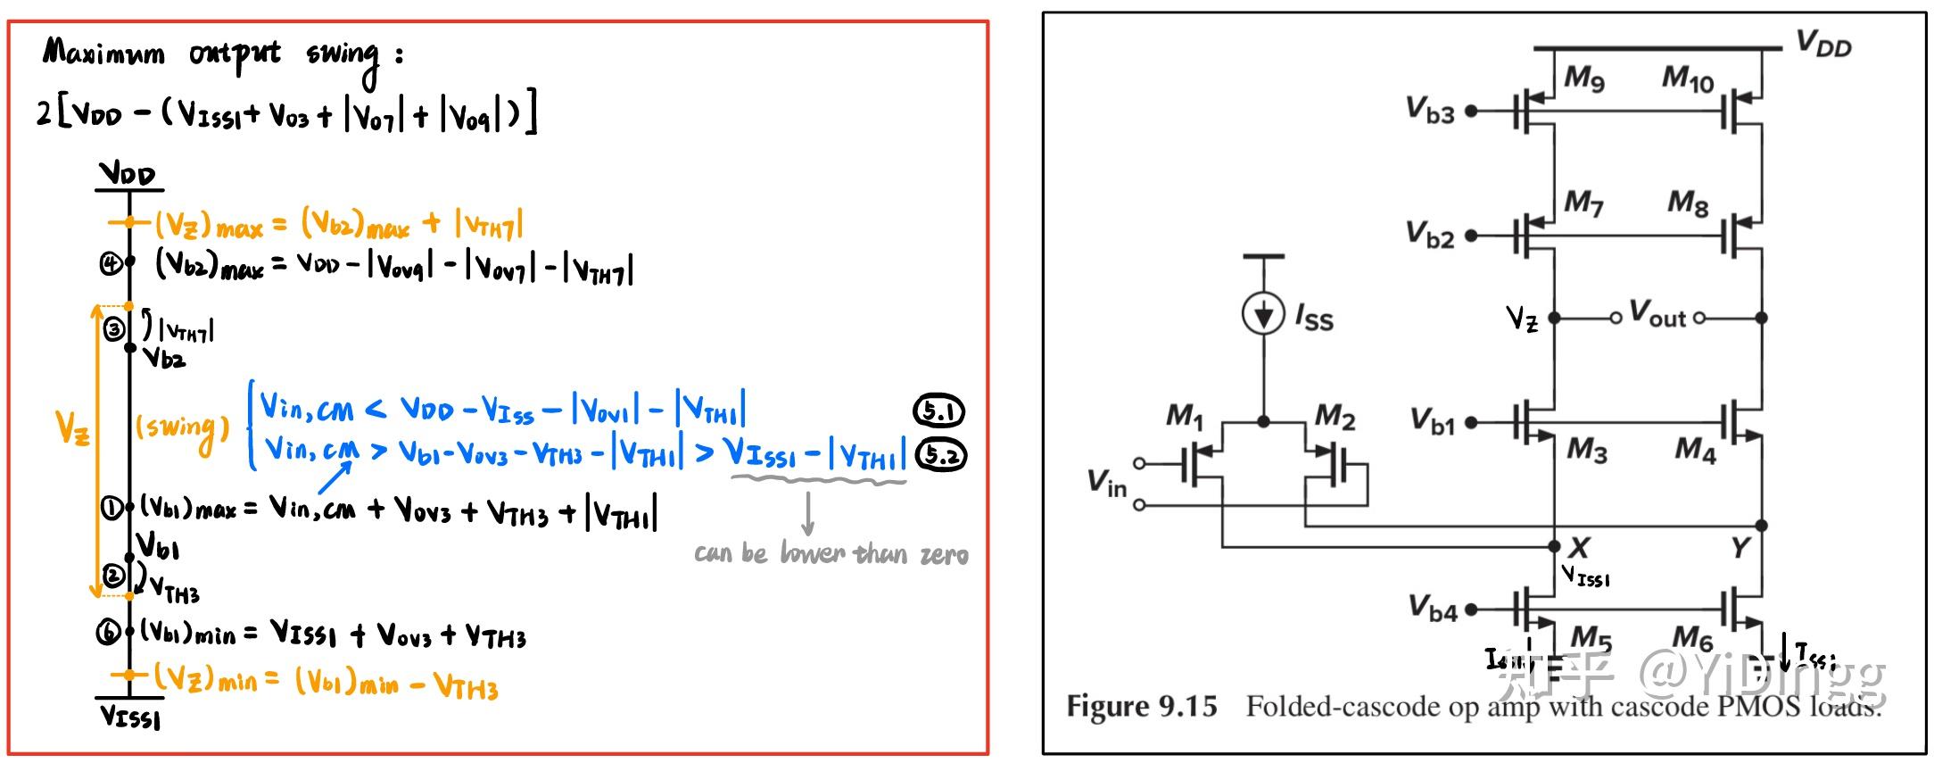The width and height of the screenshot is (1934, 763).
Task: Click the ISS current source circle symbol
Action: coord(1263,314)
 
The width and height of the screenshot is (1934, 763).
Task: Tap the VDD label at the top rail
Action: coord(1823,43)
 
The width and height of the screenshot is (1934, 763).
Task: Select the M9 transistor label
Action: coord(1584,79)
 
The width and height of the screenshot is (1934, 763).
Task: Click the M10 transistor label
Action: coord(1687,79)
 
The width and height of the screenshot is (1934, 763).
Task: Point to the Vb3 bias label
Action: coord(1430,111)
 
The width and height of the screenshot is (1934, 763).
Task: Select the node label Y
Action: coord(1740,547)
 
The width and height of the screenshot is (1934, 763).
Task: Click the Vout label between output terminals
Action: coord(1657,314)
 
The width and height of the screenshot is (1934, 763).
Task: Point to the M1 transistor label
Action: coord(1185,416)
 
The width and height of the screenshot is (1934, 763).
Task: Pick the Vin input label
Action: coord(1107,483)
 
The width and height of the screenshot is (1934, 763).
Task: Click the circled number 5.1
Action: coord(939,411)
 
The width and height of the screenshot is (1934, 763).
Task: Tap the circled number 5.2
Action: coord(942,456)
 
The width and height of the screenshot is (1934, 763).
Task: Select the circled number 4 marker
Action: coord(110,263)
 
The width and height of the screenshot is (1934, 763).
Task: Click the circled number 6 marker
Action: coord(108,633)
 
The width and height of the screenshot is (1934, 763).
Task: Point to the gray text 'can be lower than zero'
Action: coord(831,554)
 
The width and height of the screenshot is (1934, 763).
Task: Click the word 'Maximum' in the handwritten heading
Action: coord(103,53)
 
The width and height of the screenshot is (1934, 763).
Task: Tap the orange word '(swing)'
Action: coord(182,429)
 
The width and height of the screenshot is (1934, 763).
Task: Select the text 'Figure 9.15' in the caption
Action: coord(1141,707)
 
